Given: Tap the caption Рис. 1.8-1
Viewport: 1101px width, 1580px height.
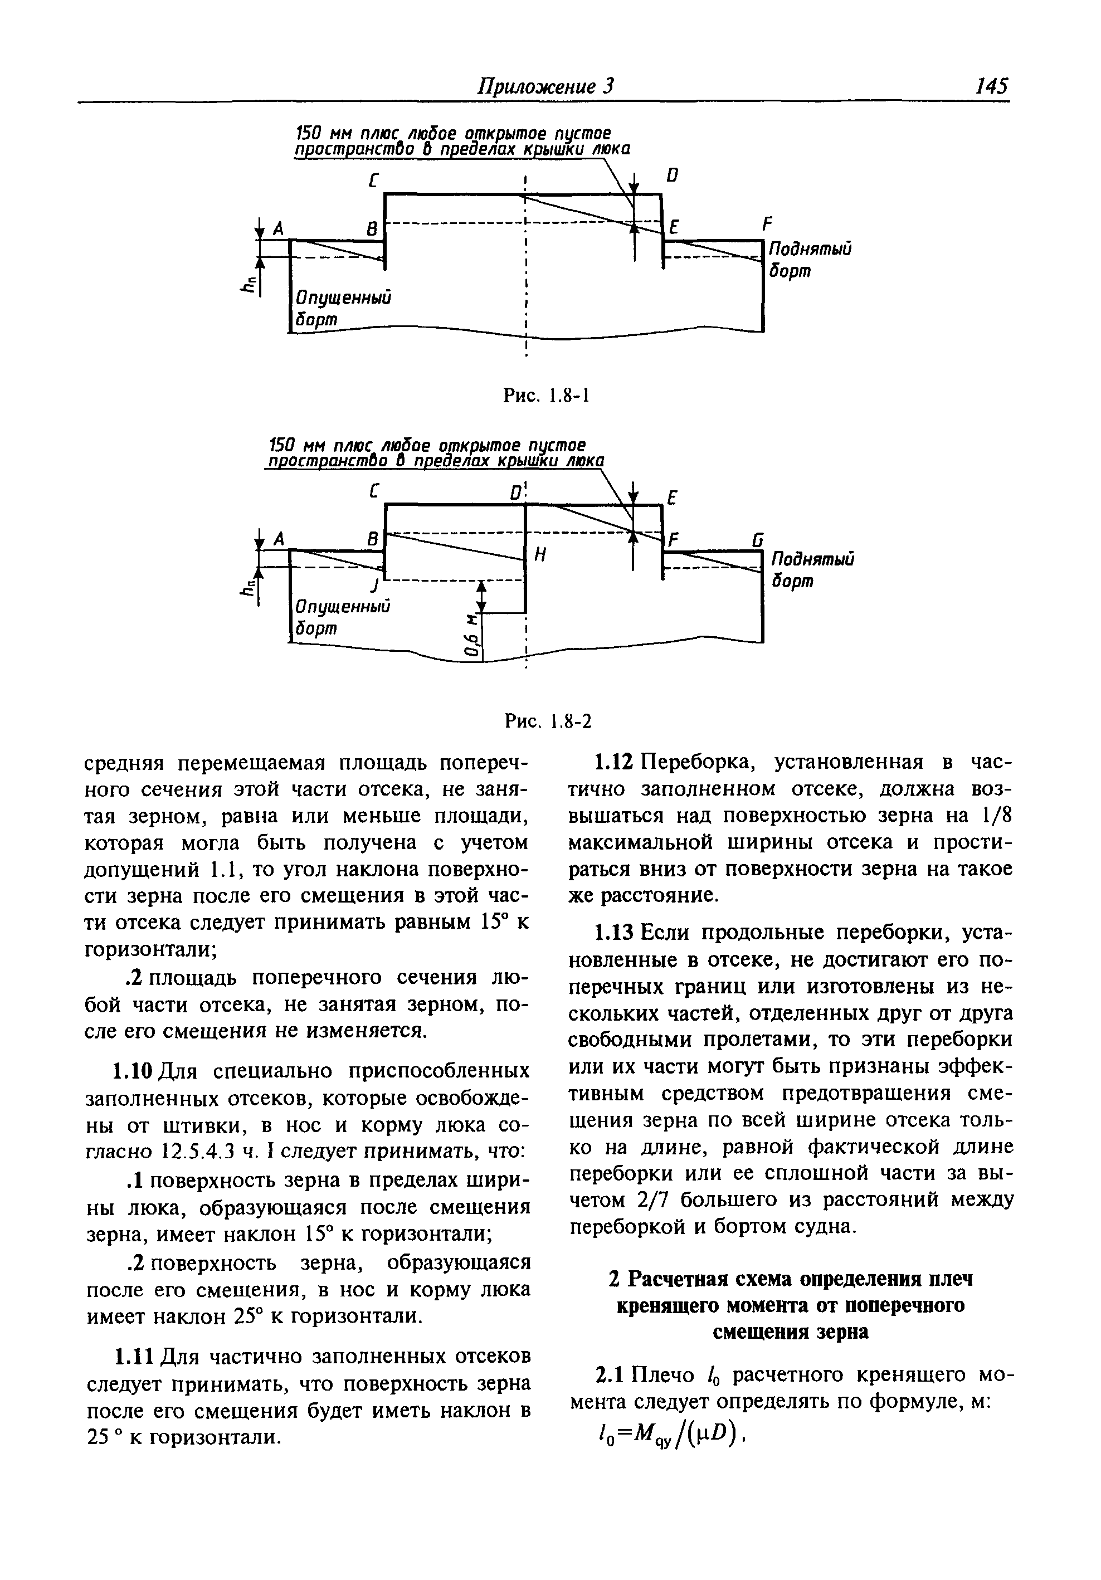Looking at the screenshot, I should pos(547,396).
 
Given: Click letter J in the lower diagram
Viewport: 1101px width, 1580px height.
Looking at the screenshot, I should pos(374,586).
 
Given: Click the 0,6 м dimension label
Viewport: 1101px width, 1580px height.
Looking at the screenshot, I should pos(471,642).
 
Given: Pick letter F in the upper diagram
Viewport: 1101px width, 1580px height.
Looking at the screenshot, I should pos(767,225).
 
